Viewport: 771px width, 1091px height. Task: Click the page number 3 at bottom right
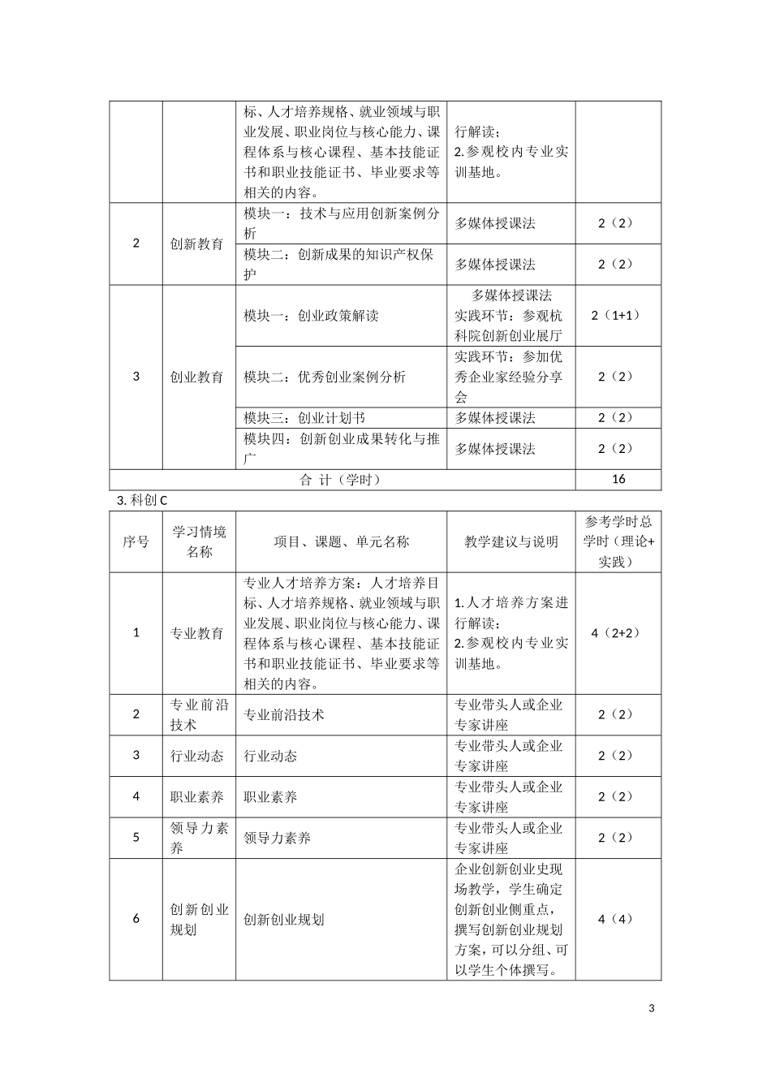pyautogui.click(x=652, y=1009)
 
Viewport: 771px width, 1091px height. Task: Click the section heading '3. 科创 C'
pyautogui.click(x=143, y=500)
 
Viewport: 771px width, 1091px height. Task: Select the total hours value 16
pyautogui.click(x=618, y=479)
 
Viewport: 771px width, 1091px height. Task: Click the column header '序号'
pyautogui.click(x=136, y=541)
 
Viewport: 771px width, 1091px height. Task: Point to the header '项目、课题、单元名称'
pyautogui.click(x=341, y=541)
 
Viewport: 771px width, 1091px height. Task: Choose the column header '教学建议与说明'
pyautogui.click(x=511, y=541)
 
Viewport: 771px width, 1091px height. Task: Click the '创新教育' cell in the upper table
pyautogui.click(x=197, y=244)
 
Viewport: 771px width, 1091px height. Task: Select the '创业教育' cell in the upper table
pyautogui.click(x=197, y=377)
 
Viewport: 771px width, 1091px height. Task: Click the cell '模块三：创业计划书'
pyautogui.click(x=304, y=418)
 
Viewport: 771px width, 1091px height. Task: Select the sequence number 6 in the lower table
pyautogui.click(x=136, y=919)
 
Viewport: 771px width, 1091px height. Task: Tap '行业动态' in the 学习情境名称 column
pyautogui.click(x=197, y=756)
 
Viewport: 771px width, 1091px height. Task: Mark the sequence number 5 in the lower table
pyautogui.click(x=136, y=837)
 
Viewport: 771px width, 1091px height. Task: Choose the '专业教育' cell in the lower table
pyautogui.click(x=197, y=633)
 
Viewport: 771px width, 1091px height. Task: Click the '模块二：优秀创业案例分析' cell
pyautogui.click(x=325, y=377)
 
